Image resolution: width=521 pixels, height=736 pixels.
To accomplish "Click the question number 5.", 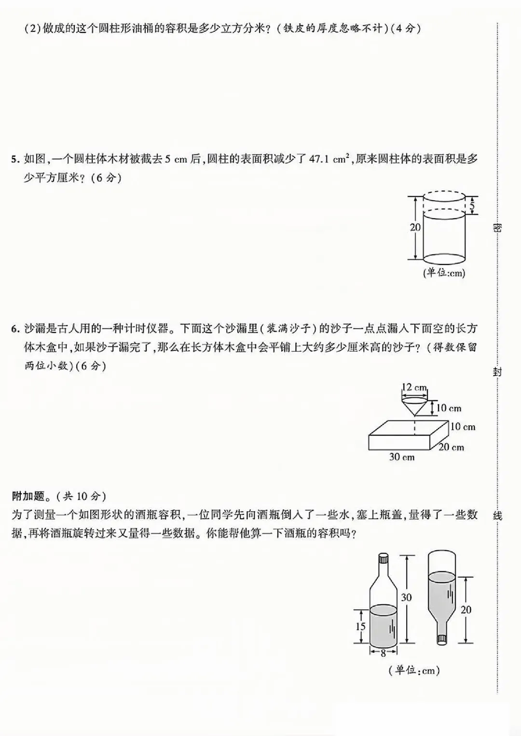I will [14, 159].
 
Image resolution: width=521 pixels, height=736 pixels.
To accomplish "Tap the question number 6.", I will [14, 330].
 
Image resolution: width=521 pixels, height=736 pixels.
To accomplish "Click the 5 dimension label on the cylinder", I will [472, 206].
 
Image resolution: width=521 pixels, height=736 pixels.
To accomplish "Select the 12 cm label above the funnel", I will [414, 387].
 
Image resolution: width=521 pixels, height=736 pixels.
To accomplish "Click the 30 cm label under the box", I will [401, 457].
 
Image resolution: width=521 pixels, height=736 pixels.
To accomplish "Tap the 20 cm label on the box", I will [452, 447].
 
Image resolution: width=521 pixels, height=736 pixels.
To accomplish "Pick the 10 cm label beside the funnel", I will [449, 408].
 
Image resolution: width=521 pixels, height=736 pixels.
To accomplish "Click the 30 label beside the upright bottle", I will [407, 597].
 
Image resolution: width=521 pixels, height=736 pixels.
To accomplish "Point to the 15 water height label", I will [361, 626].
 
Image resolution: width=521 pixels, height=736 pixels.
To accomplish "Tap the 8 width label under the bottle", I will [384, 653].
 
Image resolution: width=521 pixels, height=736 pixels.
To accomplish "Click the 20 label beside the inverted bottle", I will [466, 610].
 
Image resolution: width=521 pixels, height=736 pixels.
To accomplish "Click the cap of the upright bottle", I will [384, 559].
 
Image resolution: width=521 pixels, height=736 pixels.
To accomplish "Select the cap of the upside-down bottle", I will [441, 639].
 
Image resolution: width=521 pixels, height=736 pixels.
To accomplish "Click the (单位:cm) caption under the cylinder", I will [444, 273].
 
